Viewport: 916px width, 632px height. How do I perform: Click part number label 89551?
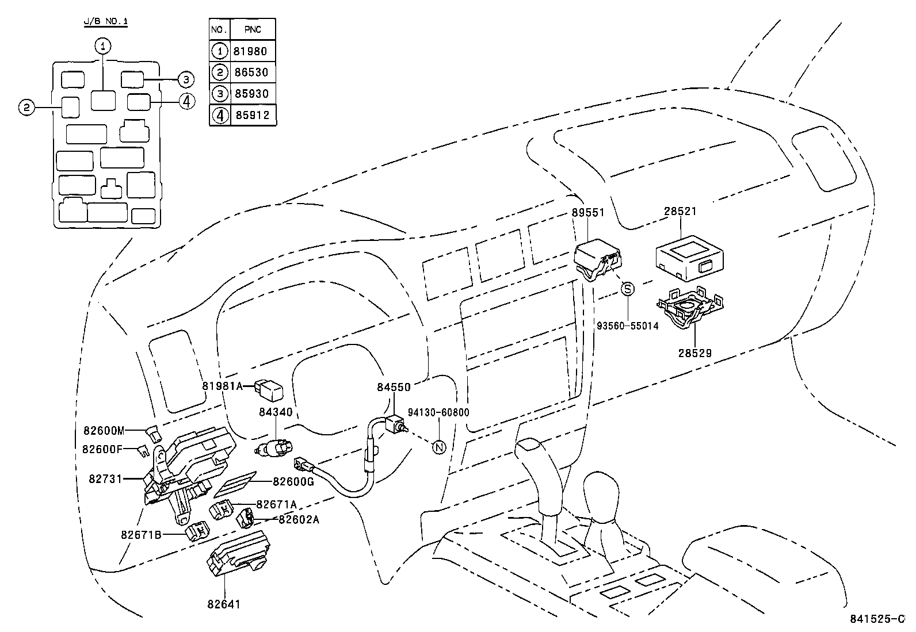coord(588,212)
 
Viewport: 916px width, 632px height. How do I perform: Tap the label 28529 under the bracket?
coord(694,353)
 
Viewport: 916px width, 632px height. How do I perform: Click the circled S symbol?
coord(627,289)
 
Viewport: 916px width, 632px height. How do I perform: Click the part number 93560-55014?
coord(627,325)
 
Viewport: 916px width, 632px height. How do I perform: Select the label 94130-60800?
coord(438,412)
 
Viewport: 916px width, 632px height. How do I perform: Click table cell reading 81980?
coord(250,51)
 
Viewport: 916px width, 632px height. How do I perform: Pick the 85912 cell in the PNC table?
coord(250,115)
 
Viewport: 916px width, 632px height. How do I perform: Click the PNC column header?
coord(253,29)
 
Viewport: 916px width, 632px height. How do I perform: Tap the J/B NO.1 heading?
coord(106,21)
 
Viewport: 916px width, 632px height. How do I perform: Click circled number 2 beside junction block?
coord(25,107)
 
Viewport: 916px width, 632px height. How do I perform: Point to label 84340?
coord(275,412)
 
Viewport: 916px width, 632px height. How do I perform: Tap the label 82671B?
coord(141,534)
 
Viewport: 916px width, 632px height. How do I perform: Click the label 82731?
coord(105,478)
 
